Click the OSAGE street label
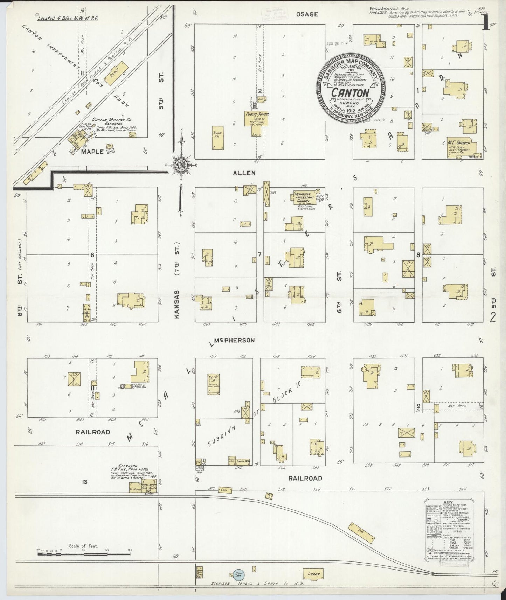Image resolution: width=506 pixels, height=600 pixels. (x=307, y=14)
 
